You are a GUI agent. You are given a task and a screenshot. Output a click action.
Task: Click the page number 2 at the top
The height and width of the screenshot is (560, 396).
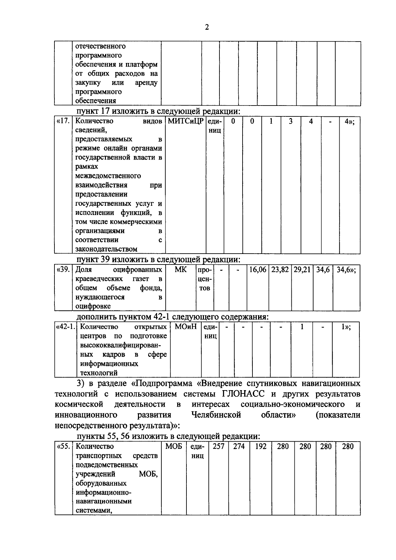[207, 27]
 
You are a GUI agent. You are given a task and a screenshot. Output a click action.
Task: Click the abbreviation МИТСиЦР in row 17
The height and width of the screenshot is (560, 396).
[186, 121]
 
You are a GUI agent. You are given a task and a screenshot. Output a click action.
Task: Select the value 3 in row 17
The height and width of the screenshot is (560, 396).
[290, 121]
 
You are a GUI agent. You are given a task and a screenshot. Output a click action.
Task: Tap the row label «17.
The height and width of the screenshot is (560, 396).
[63, 121]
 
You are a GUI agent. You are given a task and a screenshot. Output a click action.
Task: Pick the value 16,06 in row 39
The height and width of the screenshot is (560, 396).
[258, 270]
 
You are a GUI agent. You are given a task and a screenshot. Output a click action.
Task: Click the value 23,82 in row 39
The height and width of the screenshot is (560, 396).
[280, 270]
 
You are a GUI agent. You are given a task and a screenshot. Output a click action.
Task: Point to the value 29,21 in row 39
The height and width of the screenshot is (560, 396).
[302, 270]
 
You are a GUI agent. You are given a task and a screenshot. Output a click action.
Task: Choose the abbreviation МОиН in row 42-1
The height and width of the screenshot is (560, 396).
[186, 327]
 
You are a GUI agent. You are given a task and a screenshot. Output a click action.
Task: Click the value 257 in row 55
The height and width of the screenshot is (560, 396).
[218, 447]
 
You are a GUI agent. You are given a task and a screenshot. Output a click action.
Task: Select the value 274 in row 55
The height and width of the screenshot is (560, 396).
[239, 447]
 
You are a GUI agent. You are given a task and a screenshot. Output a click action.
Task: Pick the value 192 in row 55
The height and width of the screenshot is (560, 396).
[261, 447]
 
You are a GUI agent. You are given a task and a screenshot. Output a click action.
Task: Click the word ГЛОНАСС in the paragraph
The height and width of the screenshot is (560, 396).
[244, 394]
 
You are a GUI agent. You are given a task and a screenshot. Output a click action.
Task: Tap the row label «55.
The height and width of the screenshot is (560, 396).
[63, 447]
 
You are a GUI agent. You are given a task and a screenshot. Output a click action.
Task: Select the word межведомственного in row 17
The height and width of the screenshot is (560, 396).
[108, 176]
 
